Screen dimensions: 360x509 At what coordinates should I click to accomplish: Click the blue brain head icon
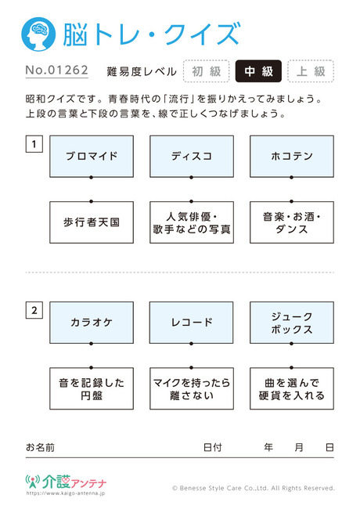tap(38, 34)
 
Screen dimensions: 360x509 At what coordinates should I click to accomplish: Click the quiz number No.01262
tap(57, 70)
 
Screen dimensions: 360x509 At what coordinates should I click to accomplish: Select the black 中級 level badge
tap(258, 71)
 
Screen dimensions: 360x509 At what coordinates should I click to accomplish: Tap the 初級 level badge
tap(207, 71)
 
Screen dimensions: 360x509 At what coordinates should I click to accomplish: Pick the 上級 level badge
tap(311, 71)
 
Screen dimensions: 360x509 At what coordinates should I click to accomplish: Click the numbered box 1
tap(34, 144)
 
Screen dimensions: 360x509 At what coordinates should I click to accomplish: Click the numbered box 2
tap(34, 310)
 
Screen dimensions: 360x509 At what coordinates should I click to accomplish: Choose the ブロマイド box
tap(92, 157)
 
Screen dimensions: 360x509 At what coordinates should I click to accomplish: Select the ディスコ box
tap(192, 157)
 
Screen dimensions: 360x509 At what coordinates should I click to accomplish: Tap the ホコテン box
tap(292, 157)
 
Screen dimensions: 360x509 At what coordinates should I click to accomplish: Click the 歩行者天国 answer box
tap(92, 222)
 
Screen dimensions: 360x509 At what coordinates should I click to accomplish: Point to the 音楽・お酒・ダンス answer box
tap(292, 222)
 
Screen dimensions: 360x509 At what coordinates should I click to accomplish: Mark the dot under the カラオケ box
tap(91, 344)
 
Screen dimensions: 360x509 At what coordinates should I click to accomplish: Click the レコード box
tap(192, 323)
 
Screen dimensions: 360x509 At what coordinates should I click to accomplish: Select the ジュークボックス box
tap(292, 323)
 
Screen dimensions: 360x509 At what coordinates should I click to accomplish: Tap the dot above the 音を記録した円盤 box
tap(91, 368)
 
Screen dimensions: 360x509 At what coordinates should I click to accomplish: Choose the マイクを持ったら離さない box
tap(192, 388)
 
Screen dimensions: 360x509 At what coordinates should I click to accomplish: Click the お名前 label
tap(40, 447)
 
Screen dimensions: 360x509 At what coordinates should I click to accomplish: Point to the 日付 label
tap(212, 447)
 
